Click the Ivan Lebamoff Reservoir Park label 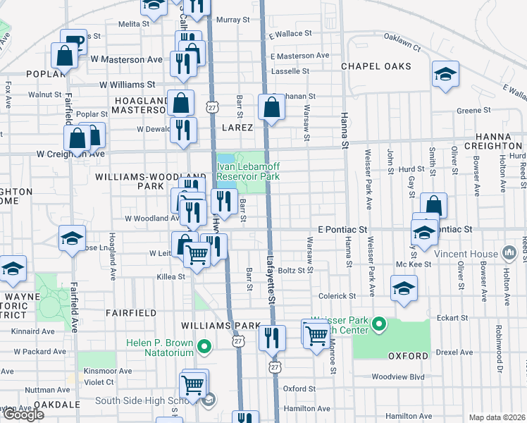click(x=243, y=171)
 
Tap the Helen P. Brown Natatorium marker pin click(x=204, y=346)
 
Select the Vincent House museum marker click(x=509, y=252)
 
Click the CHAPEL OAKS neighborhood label click(x=371, y=66)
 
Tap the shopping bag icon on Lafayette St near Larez click(x=271, y=108)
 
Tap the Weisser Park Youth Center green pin click(x=379, y=324)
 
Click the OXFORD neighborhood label click(x=408, y=356)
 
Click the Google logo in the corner click(x=23, y=415)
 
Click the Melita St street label click(x=134, y=23)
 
